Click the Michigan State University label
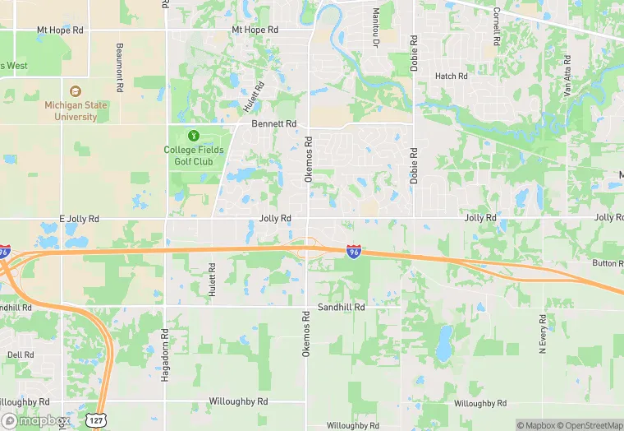tap(76, 111)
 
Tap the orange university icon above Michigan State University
tap(76, 91)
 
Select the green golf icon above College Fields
tap(194, 135)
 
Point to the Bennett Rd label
tap(273, 123)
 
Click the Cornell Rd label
tap(497, 26)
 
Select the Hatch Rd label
tap(451, 76)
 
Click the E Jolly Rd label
tap(79, 219)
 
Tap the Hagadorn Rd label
tap(165, 348)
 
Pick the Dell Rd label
tap(21, 355)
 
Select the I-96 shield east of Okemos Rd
tap(354, 251)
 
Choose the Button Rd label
tap(608, 263)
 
